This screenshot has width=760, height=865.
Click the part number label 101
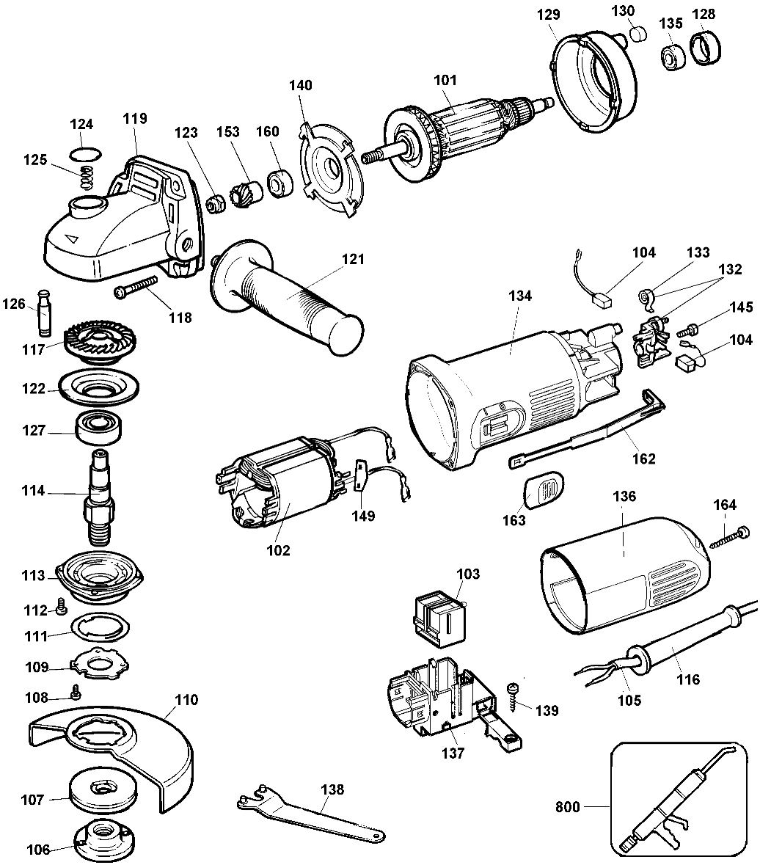coord(445,80)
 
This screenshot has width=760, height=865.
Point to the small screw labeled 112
coord(62,607)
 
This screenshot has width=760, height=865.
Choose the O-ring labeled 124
coord(86,155)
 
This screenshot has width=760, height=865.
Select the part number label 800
coord(568,808)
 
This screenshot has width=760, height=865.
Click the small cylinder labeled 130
coord(638,34)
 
